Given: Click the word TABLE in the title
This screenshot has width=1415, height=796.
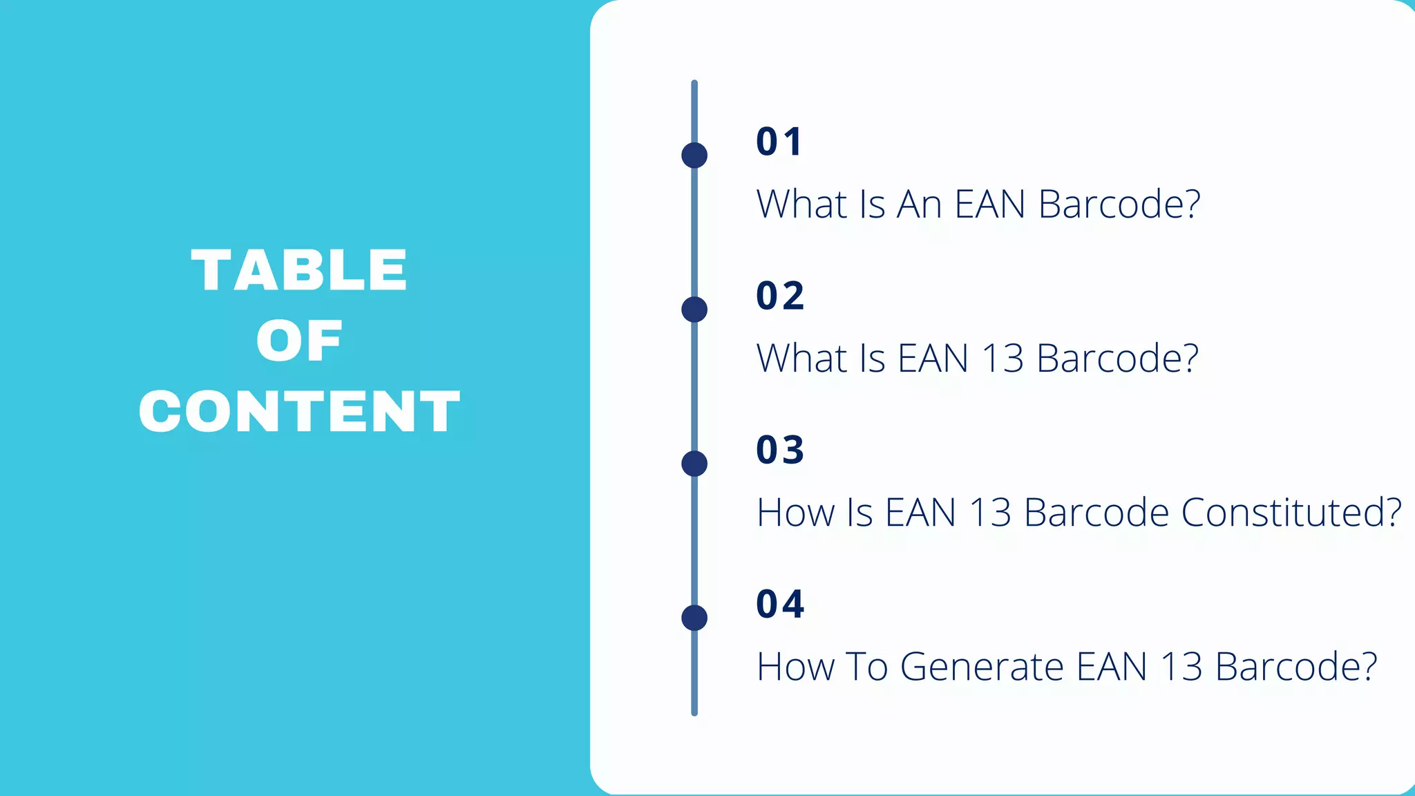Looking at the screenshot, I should click(299, 270).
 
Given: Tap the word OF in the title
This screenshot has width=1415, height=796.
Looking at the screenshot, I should click(299, 341).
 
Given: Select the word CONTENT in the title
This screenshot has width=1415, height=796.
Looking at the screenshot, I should click(299, 412).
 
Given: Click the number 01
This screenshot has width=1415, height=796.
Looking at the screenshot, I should click(779, 142).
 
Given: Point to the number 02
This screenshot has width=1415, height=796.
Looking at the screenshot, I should click(780, 296).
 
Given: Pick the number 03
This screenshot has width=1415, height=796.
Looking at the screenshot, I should click(780, 450).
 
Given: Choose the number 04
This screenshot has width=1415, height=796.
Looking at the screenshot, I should click(780, 604).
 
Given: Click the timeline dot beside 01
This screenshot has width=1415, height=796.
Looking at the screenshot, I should click(694, 155).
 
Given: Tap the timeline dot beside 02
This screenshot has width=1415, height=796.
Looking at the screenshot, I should click(694, 310).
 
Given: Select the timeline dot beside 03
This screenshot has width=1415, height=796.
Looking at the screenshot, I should click(694, 464).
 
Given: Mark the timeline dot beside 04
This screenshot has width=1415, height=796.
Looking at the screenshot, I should click(694, 618).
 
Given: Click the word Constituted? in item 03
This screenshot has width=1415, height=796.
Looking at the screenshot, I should click(1291, 513).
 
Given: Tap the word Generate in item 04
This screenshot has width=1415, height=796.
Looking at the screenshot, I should click(981, 667).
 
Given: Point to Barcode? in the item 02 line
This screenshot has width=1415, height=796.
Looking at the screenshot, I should click(1117, 359).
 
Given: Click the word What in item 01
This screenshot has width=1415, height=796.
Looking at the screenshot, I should click(801, 205).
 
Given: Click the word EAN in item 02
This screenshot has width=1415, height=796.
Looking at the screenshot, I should click(933, 359).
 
